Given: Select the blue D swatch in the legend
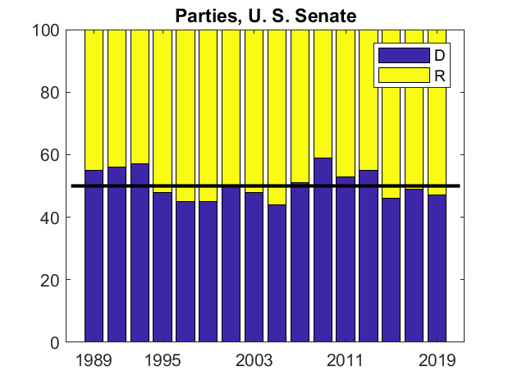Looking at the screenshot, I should [x=403, y=55].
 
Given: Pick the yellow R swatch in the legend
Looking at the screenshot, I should [x=403, y=75].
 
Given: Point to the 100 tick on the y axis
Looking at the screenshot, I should [x=47, y=30].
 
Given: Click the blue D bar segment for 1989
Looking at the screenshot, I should [x=94, y=263].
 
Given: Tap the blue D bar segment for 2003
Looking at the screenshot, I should [x=254, y=271].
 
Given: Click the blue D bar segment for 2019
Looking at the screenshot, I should [x=437, y=271].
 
